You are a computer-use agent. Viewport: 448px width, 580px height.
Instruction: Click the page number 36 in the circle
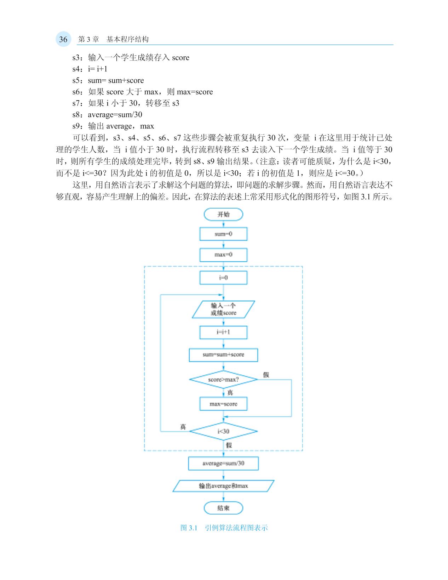tap(63, 39)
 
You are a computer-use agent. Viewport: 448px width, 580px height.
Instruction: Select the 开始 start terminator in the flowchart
tap(223, 214)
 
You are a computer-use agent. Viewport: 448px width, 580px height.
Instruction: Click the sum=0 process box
tap(223, 234)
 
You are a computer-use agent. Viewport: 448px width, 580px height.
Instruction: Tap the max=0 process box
tap(223, 255)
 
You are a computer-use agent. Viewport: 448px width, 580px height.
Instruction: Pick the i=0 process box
tap(223, 278)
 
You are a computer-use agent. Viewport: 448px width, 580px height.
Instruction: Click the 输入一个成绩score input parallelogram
tap(223, 309)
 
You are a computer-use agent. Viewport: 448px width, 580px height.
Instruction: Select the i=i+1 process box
tap(223, 332)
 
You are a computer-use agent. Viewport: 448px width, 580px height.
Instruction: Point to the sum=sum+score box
tap(223, 355)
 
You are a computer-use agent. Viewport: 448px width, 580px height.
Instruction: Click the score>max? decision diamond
tap(223, 380)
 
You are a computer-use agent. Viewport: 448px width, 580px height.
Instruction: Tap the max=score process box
tap(223, 404)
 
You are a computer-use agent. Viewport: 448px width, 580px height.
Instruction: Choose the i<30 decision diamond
tap(223, 431)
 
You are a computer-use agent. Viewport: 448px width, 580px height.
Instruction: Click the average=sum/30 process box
tap(223, 464)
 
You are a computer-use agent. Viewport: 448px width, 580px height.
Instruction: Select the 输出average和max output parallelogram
tap(223, 486)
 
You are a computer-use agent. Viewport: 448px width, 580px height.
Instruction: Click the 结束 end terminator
tap(223, 508)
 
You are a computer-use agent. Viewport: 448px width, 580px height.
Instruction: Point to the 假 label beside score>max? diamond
tap(266, 375)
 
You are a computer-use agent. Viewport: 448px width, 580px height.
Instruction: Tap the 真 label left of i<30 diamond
tap(183, 427)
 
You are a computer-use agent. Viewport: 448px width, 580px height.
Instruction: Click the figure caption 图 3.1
tap(189, 528)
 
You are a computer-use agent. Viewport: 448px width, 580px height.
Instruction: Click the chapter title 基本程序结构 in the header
tap(127, 39)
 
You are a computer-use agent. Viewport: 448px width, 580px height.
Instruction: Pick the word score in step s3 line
tap(180, 58)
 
